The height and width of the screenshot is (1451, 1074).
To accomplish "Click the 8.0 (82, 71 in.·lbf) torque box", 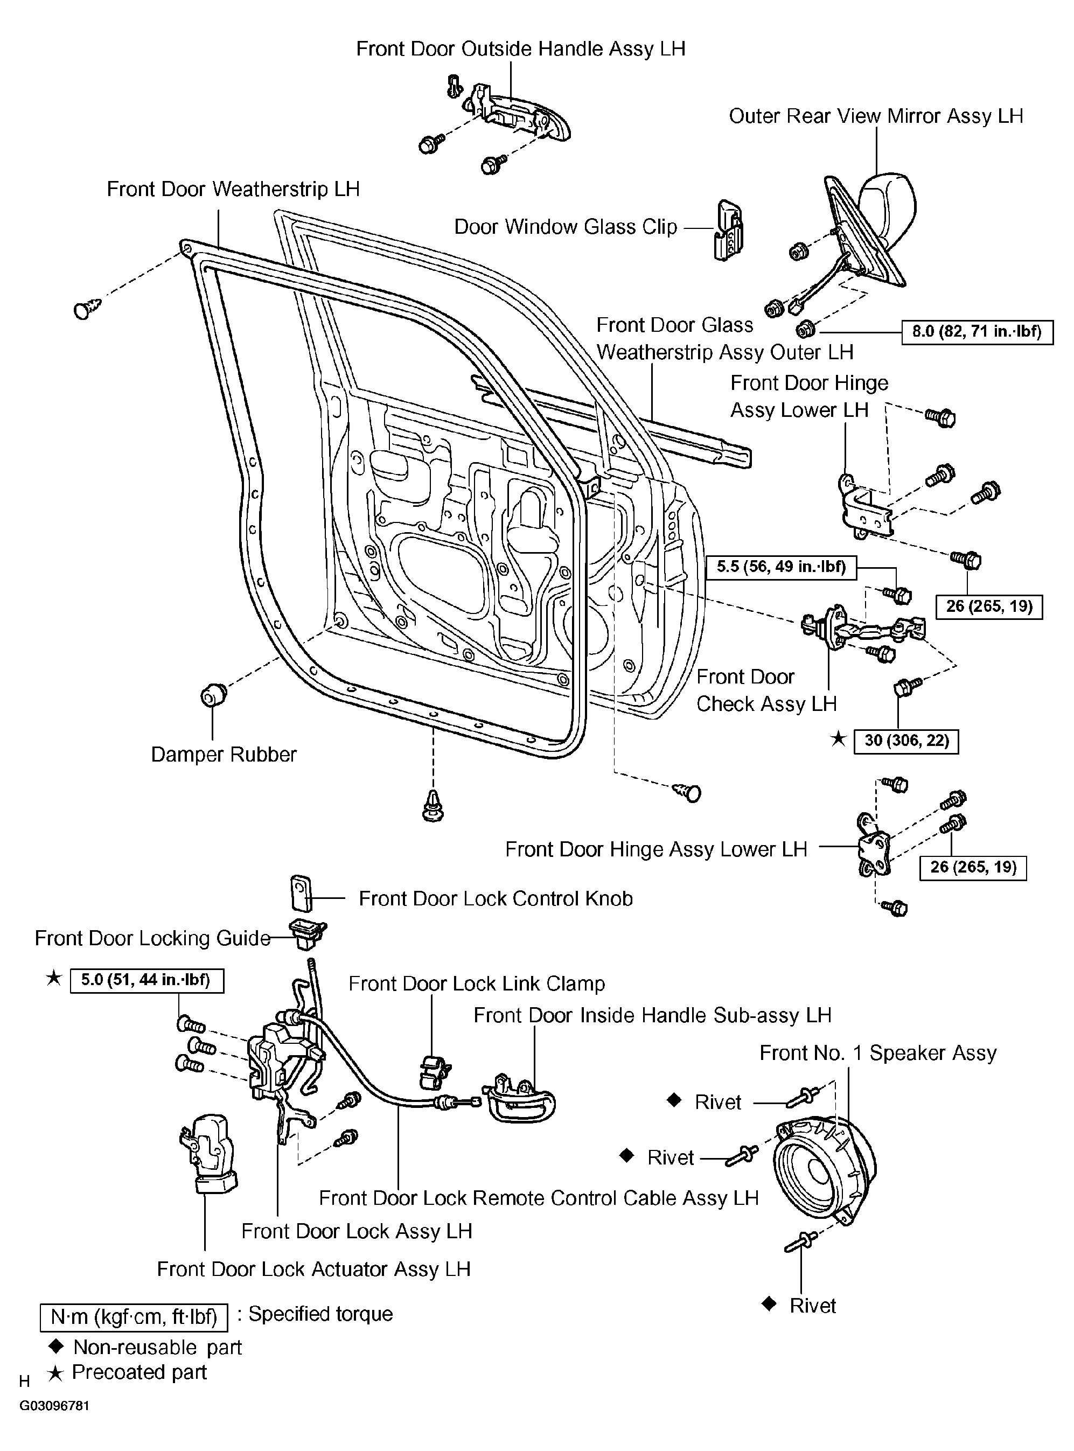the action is (x=977, y=332).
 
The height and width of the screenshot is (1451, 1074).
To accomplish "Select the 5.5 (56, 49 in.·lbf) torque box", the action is (x=782, y=567).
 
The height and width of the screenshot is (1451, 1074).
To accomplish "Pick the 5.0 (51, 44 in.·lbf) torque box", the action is (x=147, y=980).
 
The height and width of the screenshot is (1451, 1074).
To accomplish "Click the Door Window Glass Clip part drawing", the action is (x=729, y=230).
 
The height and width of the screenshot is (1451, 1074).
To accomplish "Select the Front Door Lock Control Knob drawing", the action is (x=301, y=894).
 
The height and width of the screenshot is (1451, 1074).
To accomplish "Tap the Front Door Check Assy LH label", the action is (x=766, y=690).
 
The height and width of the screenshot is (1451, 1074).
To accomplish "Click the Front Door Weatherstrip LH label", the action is (x=233, y=189).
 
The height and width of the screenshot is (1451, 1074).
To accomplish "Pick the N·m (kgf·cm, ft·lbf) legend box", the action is (x=134, y=1317).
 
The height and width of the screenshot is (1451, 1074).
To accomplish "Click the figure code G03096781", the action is (x=54, y=1406).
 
